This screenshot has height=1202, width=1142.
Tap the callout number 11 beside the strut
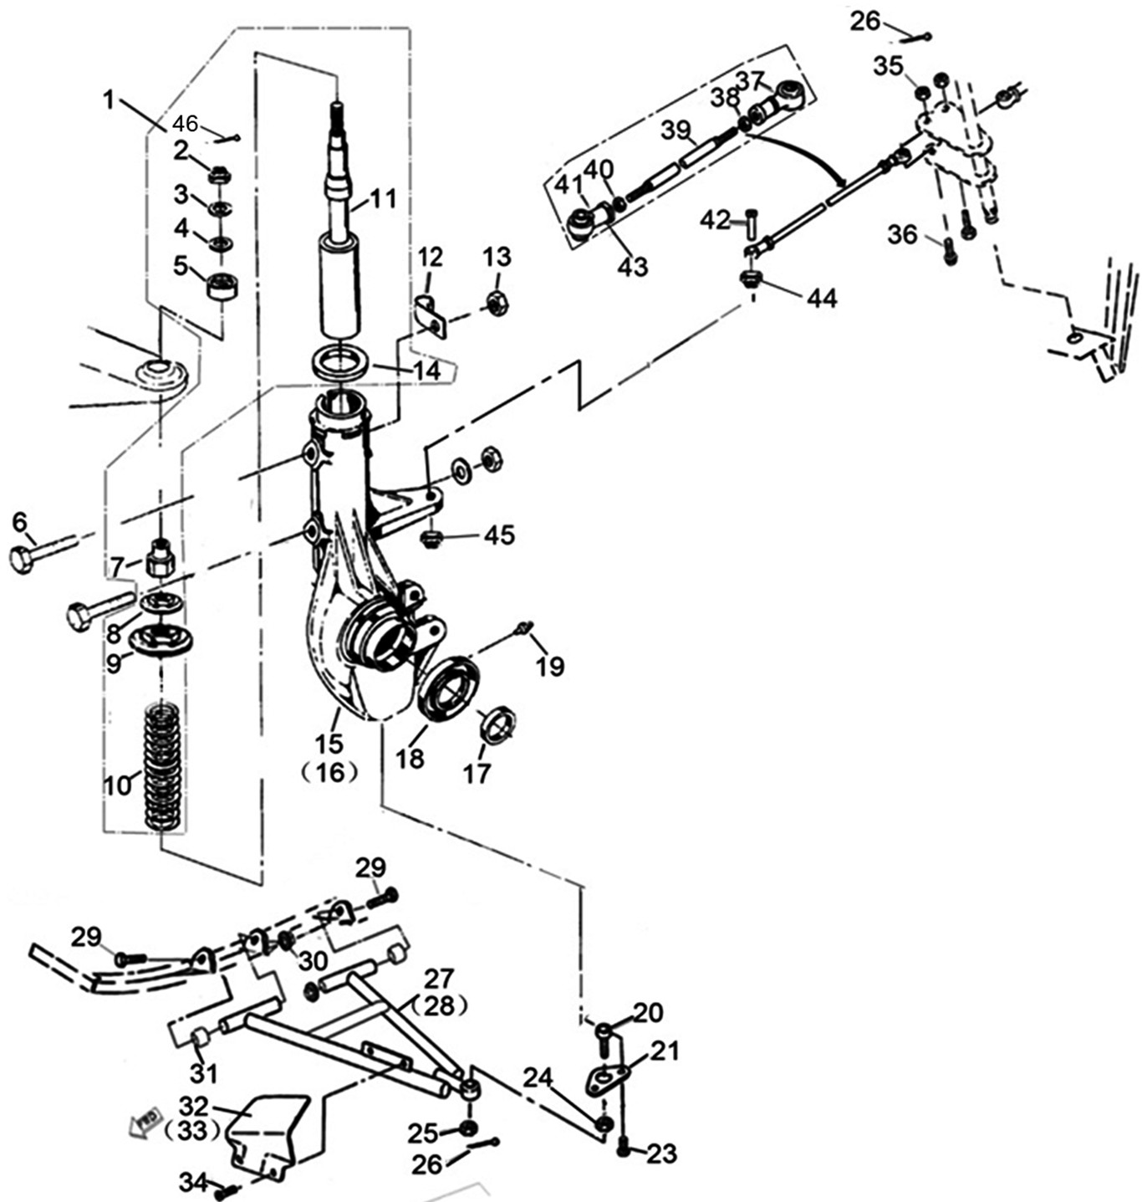(x=382, y=199)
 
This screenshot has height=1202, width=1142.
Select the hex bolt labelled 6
(x=42, y=552)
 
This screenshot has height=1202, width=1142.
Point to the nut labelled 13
(x=496, y=302)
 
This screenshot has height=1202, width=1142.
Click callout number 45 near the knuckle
(x=500, y=535)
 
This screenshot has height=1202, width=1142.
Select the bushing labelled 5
(x=222, y=287)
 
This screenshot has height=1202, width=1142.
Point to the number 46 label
(x=185, y=124)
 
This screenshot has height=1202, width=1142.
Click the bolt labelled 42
(x=750, y=222)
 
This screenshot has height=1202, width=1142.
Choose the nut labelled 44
(x=751, y=279)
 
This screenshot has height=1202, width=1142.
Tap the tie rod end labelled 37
(x=784, y=98)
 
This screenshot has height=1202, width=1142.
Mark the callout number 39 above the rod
(x=676, y=130)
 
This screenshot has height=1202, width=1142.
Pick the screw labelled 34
(x=224, y=1192)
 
